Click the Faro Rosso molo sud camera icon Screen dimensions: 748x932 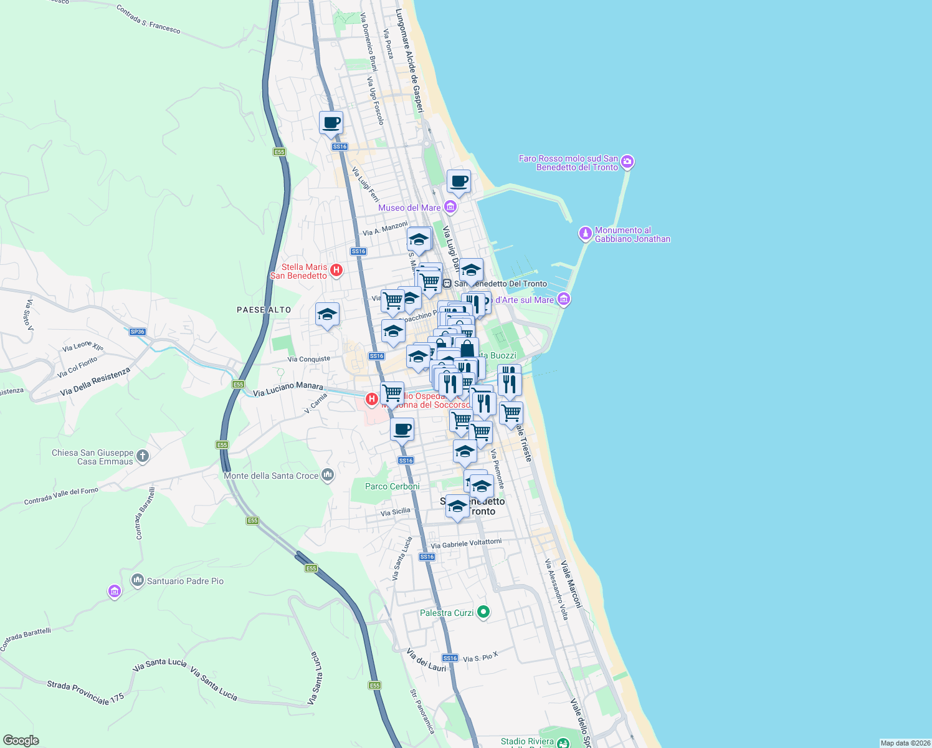point(627,163)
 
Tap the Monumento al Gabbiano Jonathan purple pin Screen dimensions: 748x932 point(585,234)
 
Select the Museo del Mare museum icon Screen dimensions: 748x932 point(450,207)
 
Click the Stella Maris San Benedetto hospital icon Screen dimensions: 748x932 point(336,270)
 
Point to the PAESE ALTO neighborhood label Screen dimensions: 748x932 point(264,310)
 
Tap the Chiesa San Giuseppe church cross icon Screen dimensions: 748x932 point(143,456)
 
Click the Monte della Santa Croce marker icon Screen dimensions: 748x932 point(328,476)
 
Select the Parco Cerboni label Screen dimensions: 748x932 point(392,486)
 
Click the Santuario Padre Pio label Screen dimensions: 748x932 point(185,581)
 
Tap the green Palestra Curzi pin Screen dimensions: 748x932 point(483,613)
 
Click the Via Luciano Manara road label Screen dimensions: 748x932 point(288,390)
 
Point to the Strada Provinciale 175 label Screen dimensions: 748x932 point(86,693)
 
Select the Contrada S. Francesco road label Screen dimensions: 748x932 point(148,19)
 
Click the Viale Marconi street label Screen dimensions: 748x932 point(571,585)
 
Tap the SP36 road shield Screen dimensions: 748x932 point(138,332)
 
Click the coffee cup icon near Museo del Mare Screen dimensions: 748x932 point(459,181)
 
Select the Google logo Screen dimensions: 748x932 point(21,741)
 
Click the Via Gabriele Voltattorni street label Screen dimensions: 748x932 point(466,544)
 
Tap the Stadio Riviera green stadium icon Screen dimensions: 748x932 point(563,742)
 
